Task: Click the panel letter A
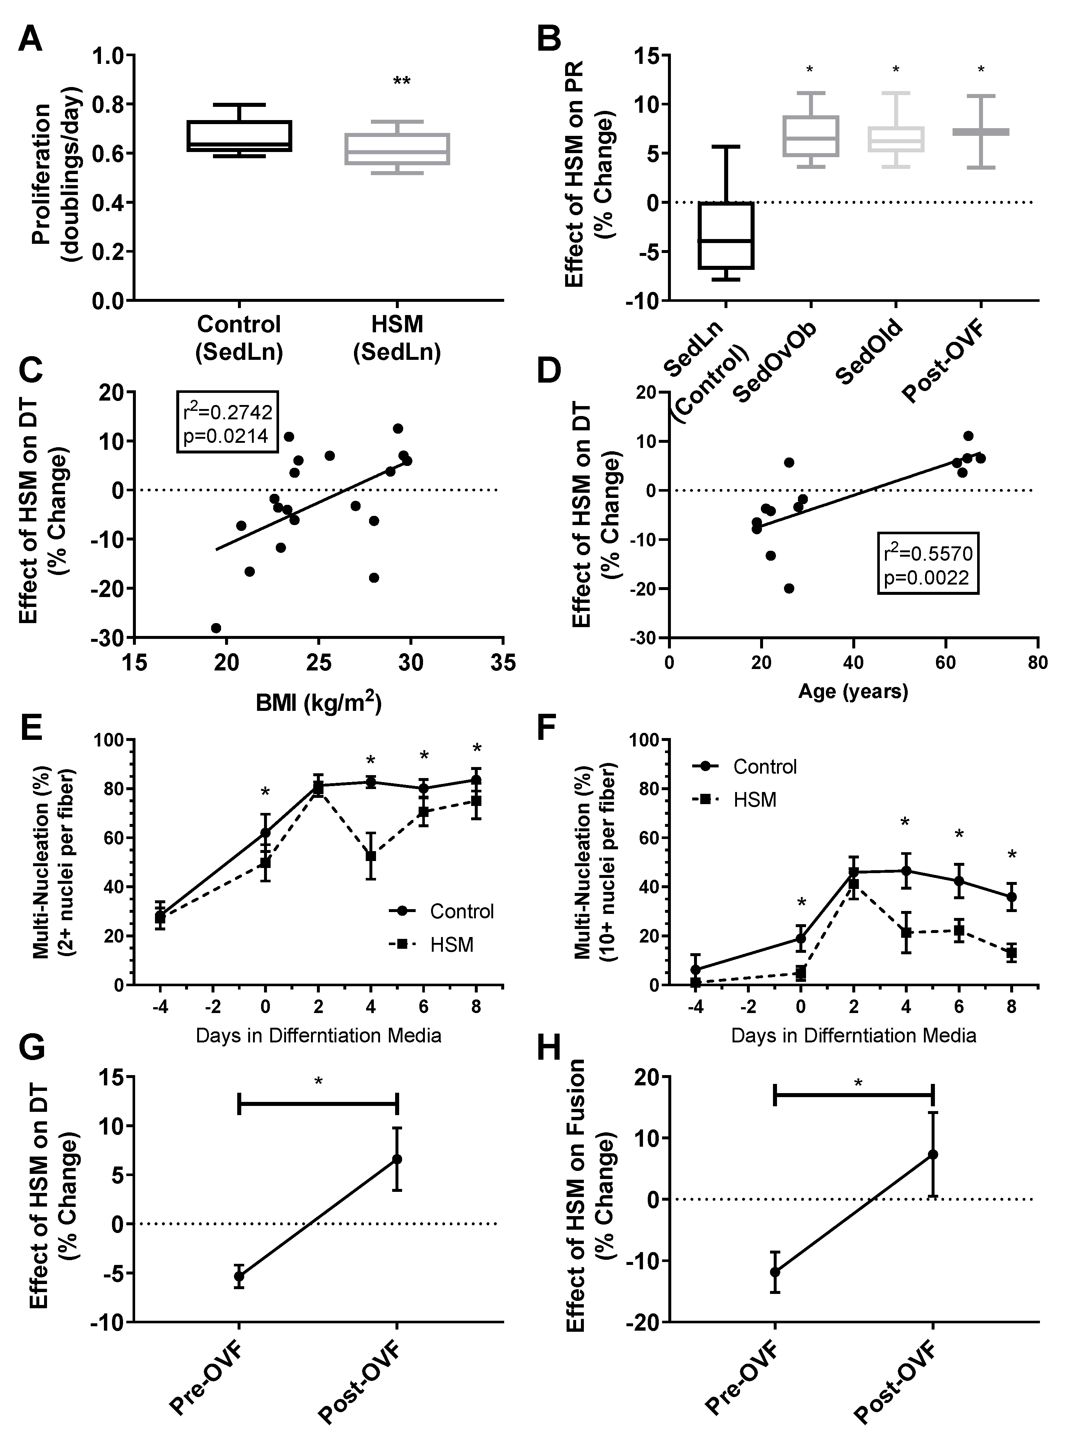click(x=30, y=40)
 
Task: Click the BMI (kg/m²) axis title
click(x=318, y=702)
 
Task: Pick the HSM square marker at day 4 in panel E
click(x=371, y=856)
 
